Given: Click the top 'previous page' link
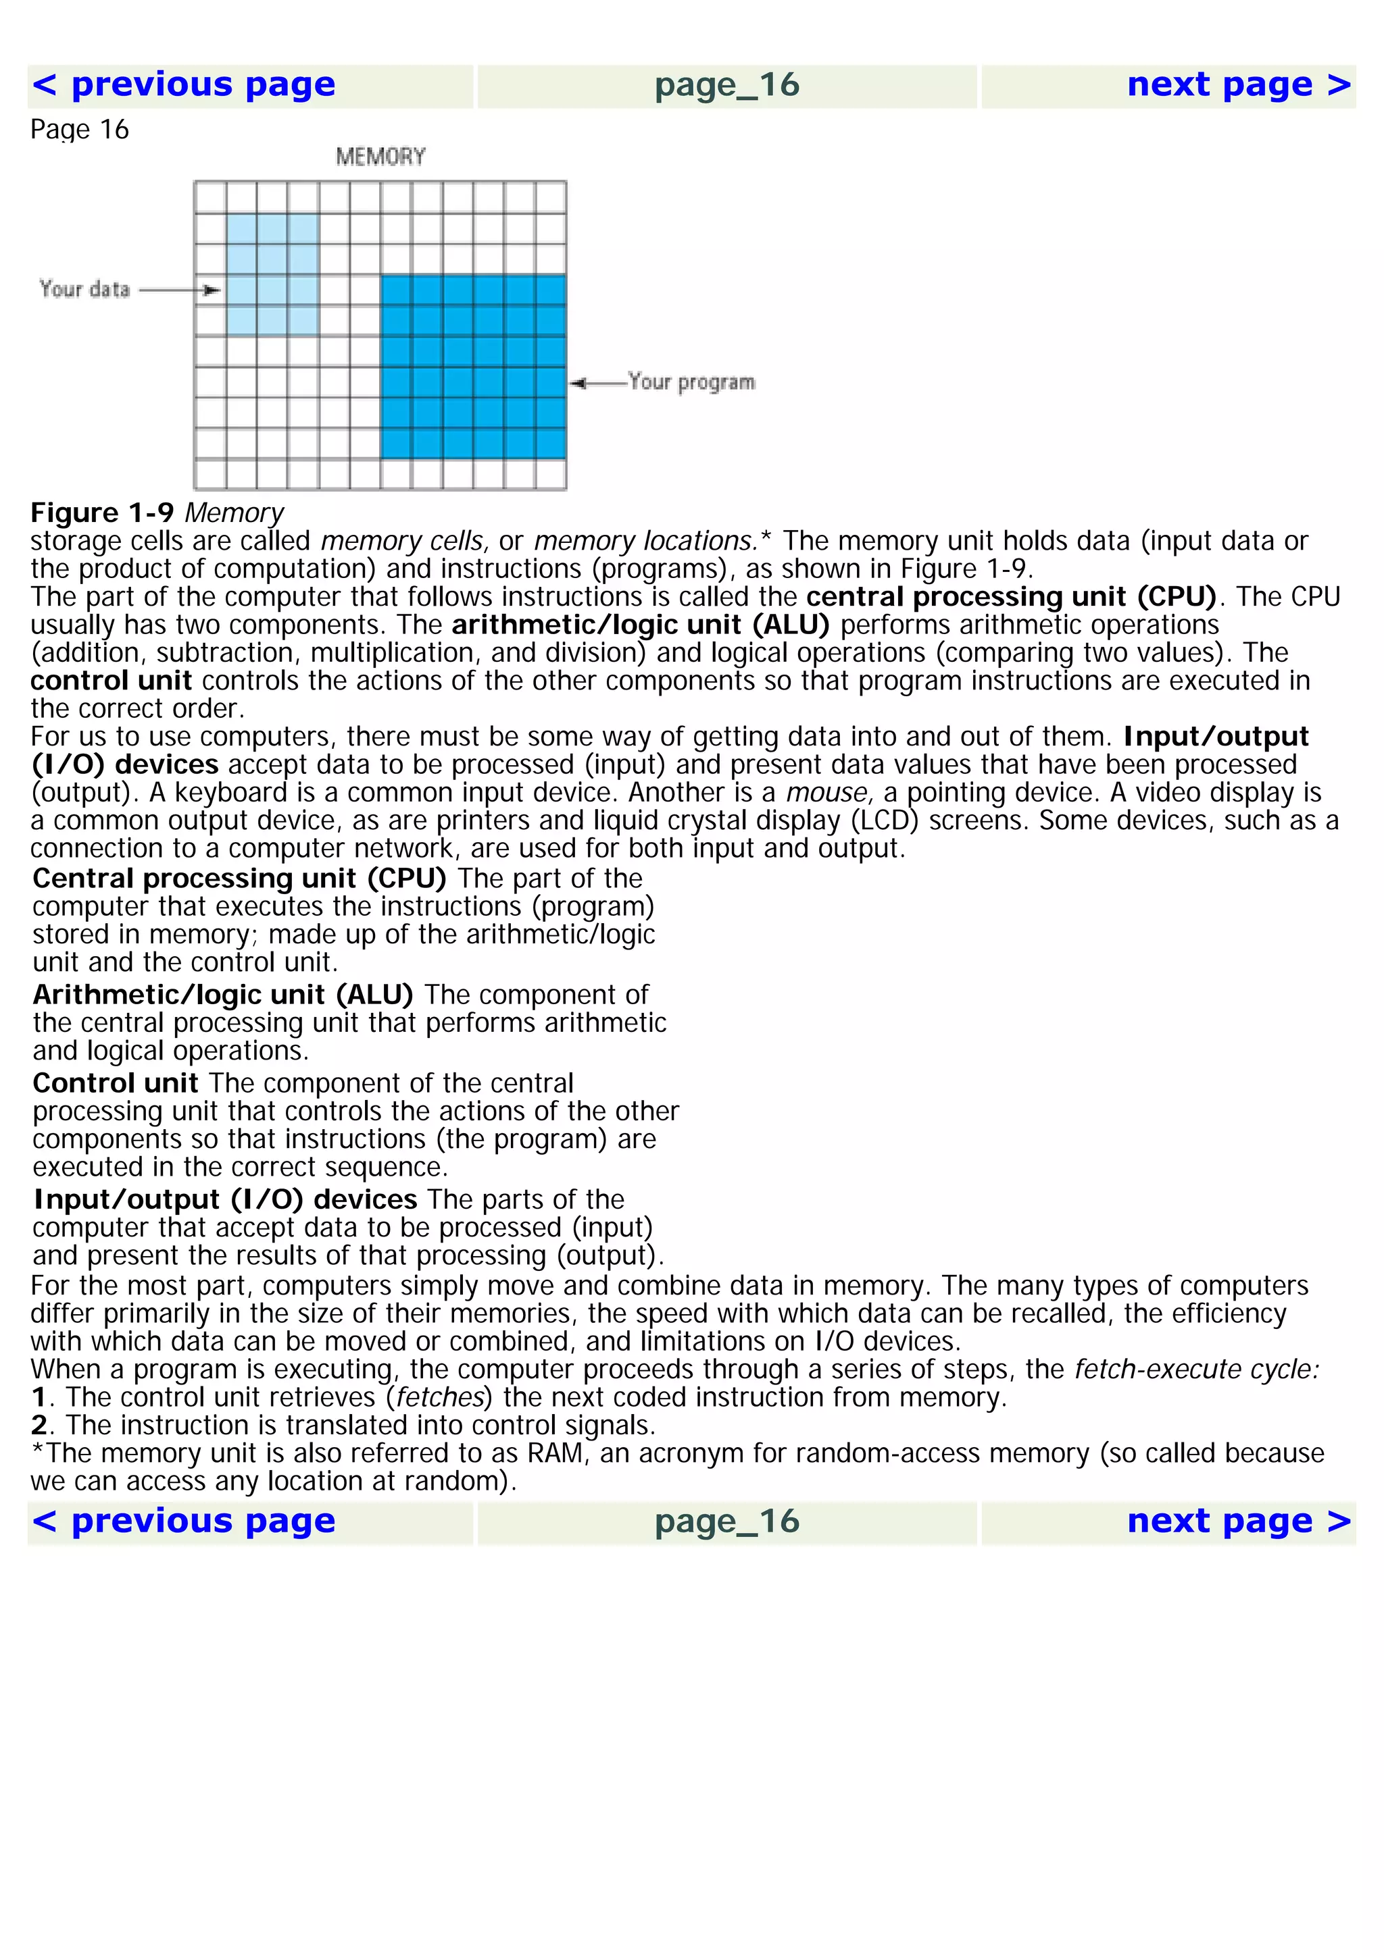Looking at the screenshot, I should (x=183, y=85).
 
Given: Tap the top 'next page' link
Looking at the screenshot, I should (x=1238, y=85).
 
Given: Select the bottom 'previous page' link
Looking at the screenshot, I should (x=183, y=1521).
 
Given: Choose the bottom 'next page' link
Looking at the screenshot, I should (x=1238, y=1521).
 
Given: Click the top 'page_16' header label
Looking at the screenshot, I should (x=726, y=85).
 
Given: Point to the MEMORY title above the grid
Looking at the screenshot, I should (x=380, y=157).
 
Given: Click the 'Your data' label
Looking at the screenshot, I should (x=84, y=290).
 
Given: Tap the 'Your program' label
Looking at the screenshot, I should (x=691, y=382).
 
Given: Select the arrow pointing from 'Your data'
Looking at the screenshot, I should (x=180, y=290).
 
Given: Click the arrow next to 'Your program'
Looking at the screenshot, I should (x=597, y=384).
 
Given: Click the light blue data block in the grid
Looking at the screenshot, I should (x=272, y=274).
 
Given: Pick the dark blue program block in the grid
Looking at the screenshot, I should (x=473, y=367).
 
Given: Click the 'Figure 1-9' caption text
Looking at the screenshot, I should (x=102, y=513).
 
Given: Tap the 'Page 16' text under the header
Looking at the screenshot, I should (x=79, y=130).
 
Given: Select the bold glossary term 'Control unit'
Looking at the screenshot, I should (x=115, y=1083).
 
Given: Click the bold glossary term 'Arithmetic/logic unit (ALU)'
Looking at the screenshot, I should (x=222, y=995).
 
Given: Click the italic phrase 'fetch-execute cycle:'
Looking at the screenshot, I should (x=1196, y=1369).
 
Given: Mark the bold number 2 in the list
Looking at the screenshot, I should (x=39, y=1425).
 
